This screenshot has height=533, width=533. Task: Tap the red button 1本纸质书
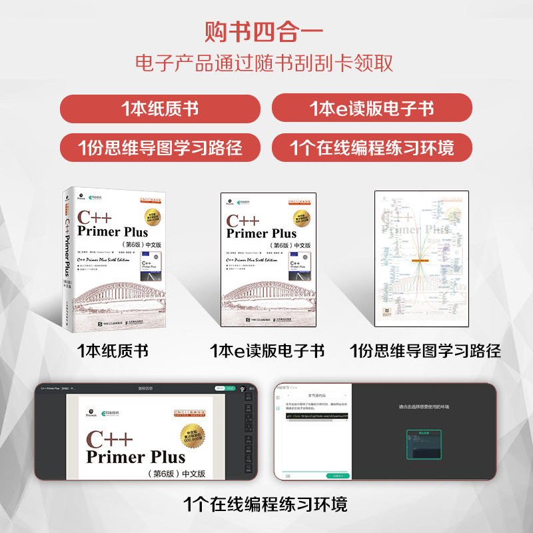tap(160, 109)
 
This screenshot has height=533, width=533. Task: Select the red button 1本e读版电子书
tap(372, 109)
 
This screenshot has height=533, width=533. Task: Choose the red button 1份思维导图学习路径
tap(160, 146)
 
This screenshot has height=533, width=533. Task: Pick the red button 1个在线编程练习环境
tap(372, 146)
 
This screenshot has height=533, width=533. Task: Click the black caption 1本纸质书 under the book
tap(113, 350)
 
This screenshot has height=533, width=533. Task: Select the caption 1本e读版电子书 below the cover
tap(267, 350)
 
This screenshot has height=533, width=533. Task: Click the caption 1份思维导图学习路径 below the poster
tap(426, 350)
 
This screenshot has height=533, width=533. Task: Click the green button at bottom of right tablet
tap(338, 476)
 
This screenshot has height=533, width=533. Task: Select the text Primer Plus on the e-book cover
tap(261, 233)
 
